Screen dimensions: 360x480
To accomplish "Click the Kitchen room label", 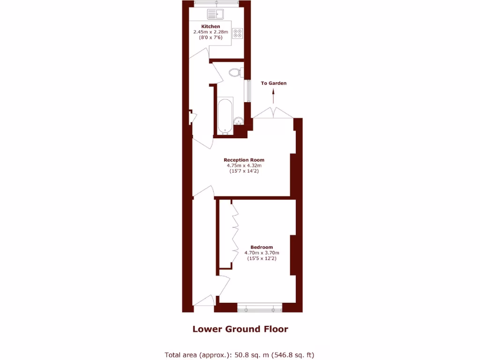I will click(210, 26).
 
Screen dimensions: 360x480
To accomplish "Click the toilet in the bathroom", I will click(236, 73).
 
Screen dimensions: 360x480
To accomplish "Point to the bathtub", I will click(225, 116).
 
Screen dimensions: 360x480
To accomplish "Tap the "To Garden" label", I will click(274, 83).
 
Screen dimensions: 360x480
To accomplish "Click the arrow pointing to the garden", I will click(274, 97).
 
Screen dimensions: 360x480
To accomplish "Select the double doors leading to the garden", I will click(273, 113).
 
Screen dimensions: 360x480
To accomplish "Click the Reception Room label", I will click(244, 160).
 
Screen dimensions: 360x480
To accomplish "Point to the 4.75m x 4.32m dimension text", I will click(244, 165).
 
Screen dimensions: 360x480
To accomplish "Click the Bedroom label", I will click(262, 247).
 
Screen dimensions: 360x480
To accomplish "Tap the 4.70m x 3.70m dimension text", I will click(262, 253).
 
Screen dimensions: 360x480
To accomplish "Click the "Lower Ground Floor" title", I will click(240, 329).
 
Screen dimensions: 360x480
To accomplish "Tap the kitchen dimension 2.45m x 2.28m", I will click(210, 32).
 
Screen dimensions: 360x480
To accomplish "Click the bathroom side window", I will click(249, 91).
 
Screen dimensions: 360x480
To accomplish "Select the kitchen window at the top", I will click(217, 4).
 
